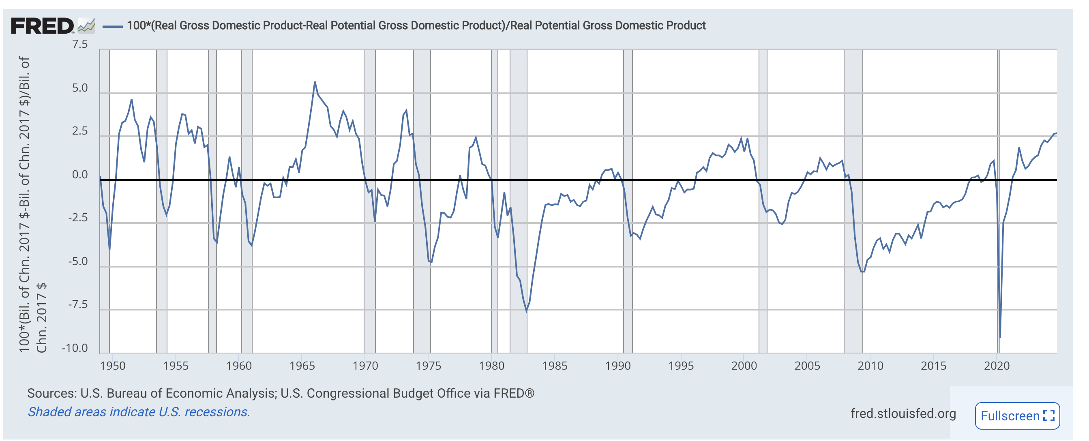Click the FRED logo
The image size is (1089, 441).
(42, 26)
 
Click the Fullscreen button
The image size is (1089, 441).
(1017, 416)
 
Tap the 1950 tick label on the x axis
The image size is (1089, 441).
(112, 366)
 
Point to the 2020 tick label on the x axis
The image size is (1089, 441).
(997, 366)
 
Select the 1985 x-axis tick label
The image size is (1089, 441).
(555, 366)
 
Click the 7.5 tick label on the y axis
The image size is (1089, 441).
(80, 45)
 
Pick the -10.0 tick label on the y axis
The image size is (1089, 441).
(75, 349)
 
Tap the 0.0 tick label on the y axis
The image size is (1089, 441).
(80, 175)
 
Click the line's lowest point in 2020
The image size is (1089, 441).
(1000, 337)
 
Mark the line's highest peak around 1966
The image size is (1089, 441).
(315, 82)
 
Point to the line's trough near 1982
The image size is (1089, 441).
(527, 312)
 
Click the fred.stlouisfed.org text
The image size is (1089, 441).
(903, 413)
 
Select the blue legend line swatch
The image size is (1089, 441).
(112, 26)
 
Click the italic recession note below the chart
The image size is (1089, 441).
(139, 412)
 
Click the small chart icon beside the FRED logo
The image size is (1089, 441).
(86, 26)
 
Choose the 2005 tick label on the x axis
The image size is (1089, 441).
(807, 366)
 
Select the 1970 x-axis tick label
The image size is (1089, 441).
(365, 366)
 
